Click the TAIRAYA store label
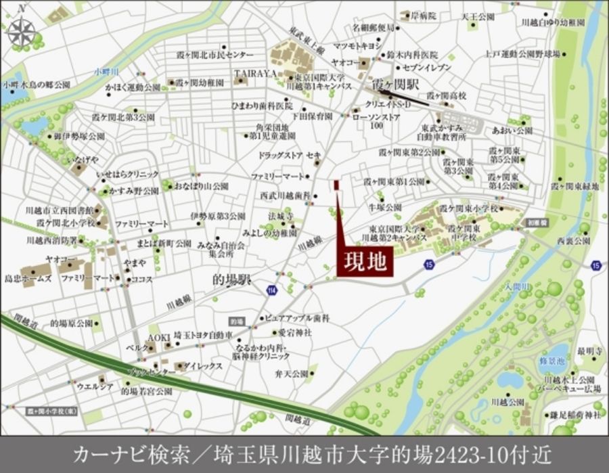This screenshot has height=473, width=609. [x=256, y=72]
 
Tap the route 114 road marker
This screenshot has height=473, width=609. [x=271, y=290]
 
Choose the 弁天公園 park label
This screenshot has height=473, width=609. [x=292, y=373]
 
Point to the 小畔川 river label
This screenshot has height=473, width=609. [x=106, y=70]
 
